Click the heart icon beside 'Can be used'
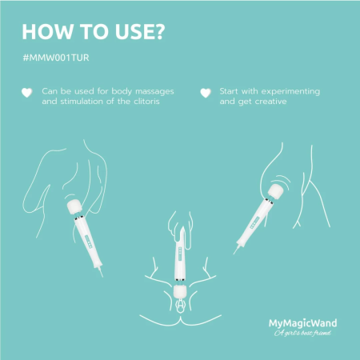(x=26, y=93)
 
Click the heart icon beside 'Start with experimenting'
(x=205, y=93)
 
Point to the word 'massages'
(x=152, y=91)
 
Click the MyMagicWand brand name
(x=301, y=323)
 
